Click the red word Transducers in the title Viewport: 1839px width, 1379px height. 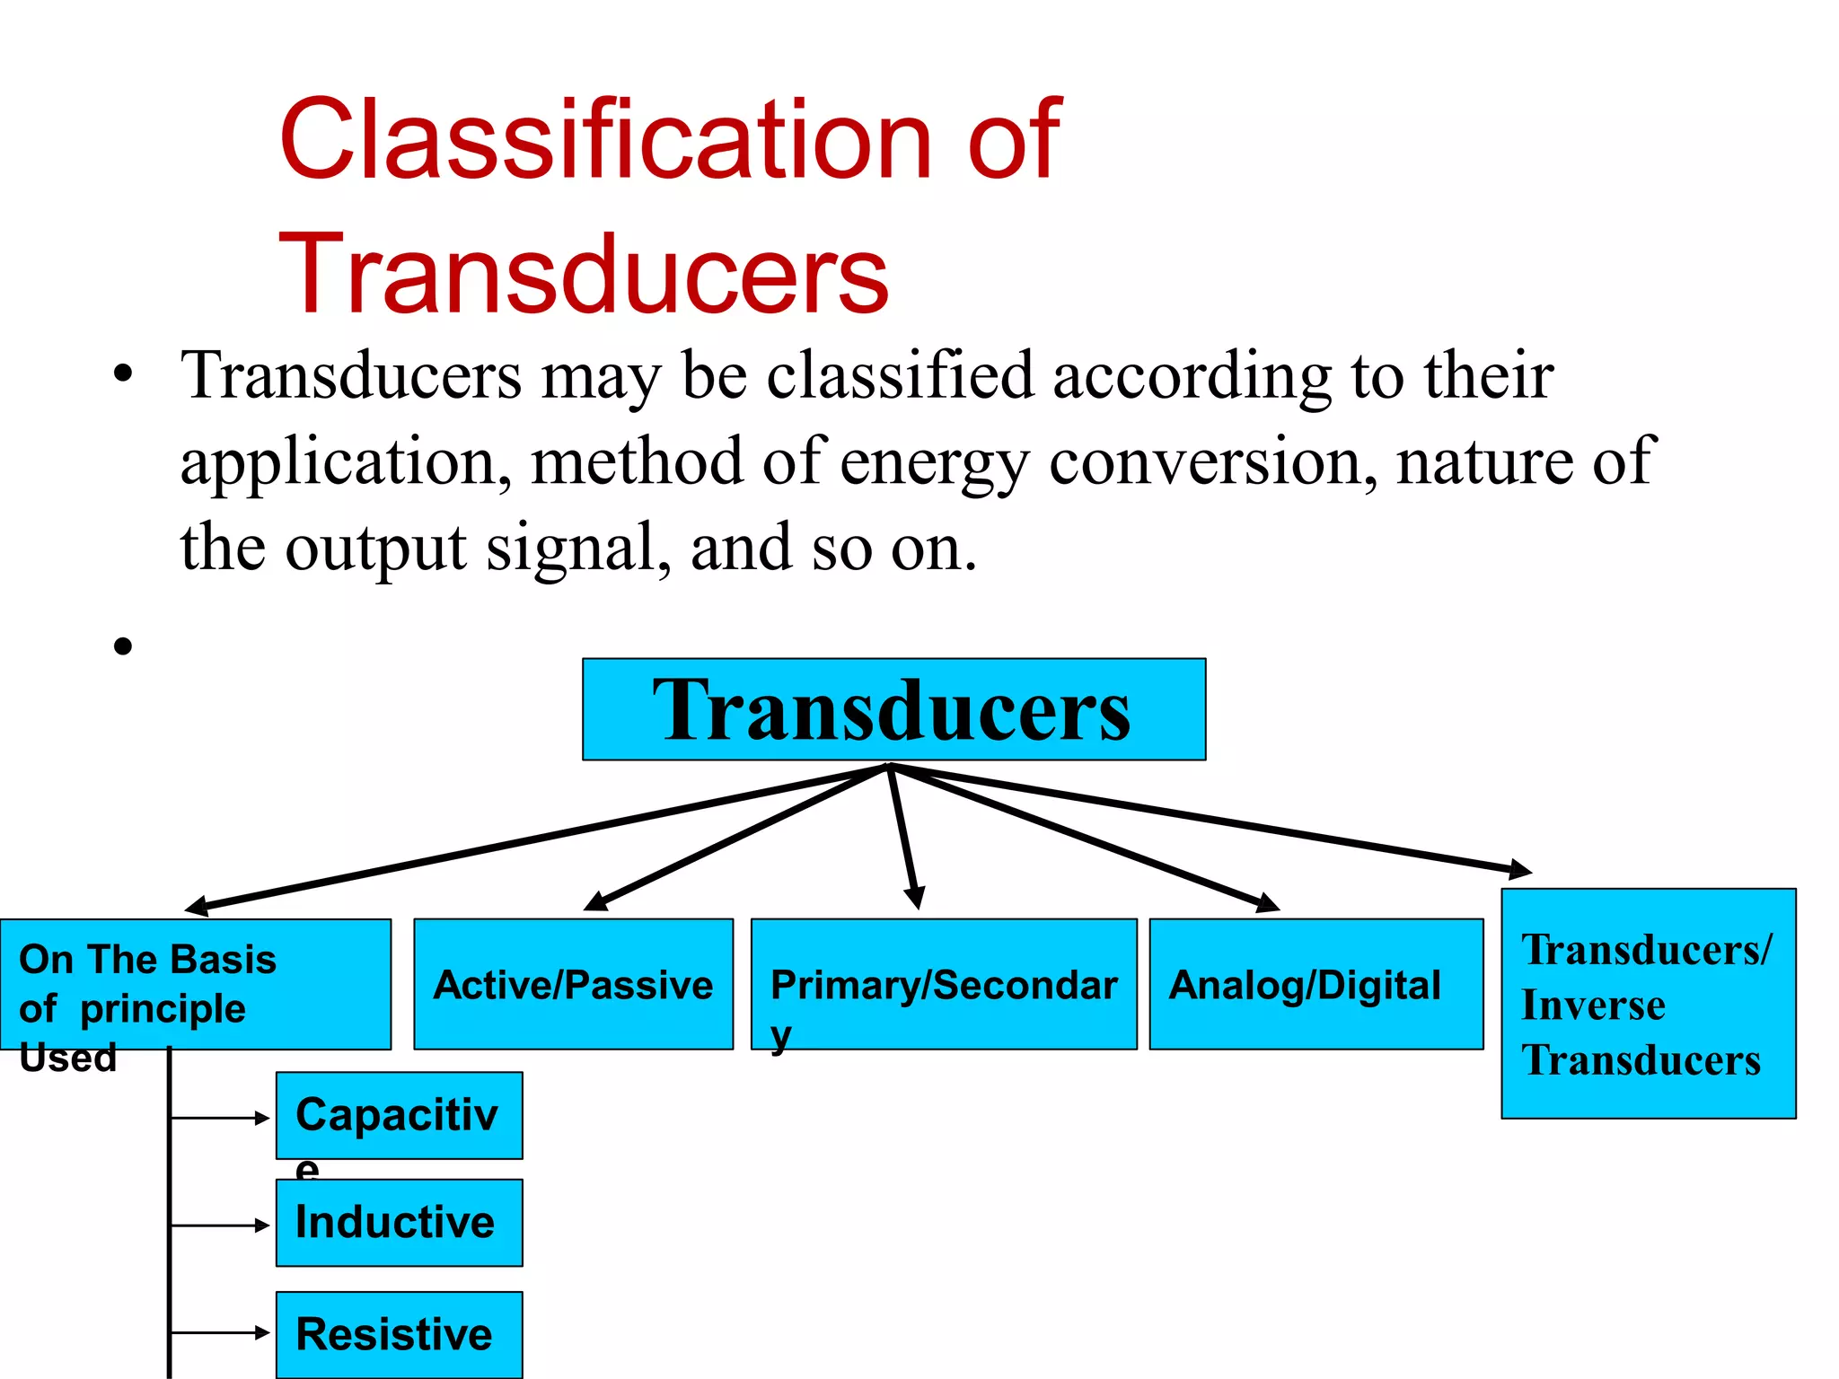coord(584,273)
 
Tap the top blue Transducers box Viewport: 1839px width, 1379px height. coord(893,709)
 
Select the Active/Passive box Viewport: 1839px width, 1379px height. coord(573,984)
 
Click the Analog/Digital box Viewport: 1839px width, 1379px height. coord(1315,984)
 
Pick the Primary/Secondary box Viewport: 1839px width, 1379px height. coord(943,984)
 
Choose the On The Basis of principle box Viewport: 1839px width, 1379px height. coord(195,984)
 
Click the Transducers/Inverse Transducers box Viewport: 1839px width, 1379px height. coord(1648,1004)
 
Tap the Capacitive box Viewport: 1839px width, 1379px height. coord(399,1115)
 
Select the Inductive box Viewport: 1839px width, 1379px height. coord(399,1223)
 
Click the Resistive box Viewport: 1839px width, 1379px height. coord(399,1334)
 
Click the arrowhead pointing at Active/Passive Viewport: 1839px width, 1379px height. coord(595,902)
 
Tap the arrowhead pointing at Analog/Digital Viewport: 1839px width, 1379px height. coord(1267,904)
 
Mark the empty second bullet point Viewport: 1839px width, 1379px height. coord(123,646)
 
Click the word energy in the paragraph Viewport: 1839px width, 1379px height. coord(934,461)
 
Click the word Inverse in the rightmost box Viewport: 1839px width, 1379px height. coord(1593,1005)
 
